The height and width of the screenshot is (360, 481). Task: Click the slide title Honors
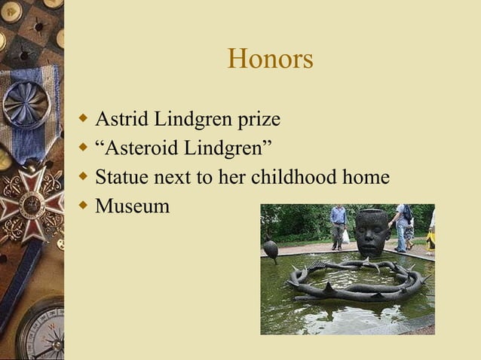(270, 59)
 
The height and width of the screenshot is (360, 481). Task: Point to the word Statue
(121, 177)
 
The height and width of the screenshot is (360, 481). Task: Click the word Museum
(133, 206)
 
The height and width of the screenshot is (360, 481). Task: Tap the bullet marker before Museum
(84, 204)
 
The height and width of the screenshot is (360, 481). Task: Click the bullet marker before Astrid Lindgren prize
(84, 118)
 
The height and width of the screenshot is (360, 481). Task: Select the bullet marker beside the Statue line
(84, 175)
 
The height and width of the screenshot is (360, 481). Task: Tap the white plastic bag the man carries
(345, 236)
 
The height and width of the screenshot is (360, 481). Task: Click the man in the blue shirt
(338, 224)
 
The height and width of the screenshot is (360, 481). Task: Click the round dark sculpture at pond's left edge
(270, 249)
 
